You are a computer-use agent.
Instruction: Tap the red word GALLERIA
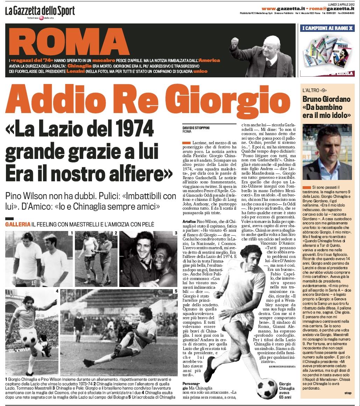[x=16, y=224]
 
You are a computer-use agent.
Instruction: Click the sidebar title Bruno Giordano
[x=326, y=99]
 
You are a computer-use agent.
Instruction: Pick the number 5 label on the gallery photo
[x=175, y=291]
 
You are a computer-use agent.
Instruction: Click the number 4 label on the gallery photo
[x=57, y=291]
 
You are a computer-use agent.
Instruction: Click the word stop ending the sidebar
[x=347, y=393]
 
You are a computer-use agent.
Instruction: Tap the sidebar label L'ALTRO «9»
[x=316, y=90]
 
